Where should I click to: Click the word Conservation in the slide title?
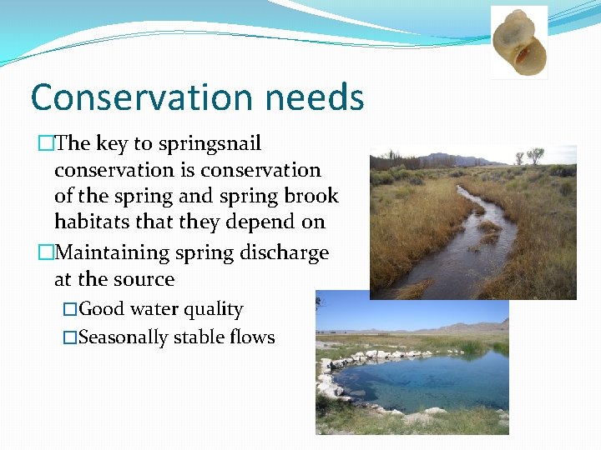tap(141, 97)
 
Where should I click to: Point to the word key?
tap(112, 144)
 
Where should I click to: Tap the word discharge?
tap(285, 252)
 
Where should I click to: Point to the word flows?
tap(251, 337)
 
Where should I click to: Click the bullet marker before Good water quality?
tap(70, 309)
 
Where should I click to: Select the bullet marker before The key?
tap(45, 144)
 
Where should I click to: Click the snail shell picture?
tap(518, 42)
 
